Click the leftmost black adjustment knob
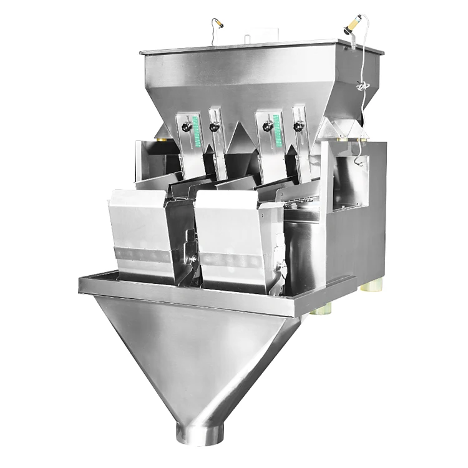(185, 127)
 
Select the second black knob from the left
(215, 127)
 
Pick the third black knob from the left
(268, 127)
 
